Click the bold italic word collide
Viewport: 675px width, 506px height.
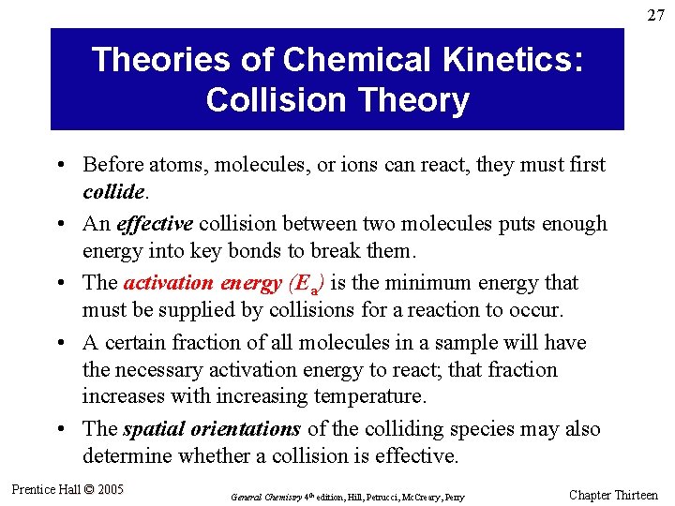tap(113, 190)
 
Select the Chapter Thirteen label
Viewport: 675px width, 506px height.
tap(613, 495)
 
